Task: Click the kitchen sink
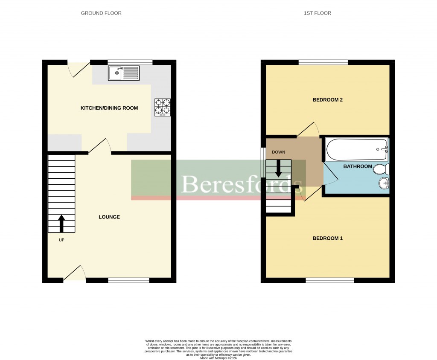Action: click(124, 73)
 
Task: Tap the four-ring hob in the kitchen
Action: click(162, 107)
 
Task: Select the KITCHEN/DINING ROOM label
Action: click(109, 108)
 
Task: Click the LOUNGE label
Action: click(109, 217)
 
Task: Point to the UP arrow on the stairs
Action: click(61, 224)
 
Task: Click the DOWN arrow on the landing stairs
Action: click(278, 168)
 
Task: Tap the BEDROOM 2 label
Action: click(328, 100)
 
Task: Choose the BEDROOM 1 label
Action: click(328, 238)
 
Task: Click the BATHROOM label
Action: click(358, 166)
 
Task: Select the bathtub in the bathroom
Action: click(357, 149)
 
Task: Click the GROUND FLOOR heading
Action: click(101, 13)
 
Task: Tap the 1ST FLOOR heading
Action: click(318, 13)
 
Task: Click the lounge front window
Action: click(128, 280)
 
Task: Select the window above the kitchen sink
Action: click(130, 62)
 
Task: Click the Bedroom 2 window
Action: click(323, 62)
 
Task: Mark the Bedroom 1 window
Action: click(330, 280)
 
